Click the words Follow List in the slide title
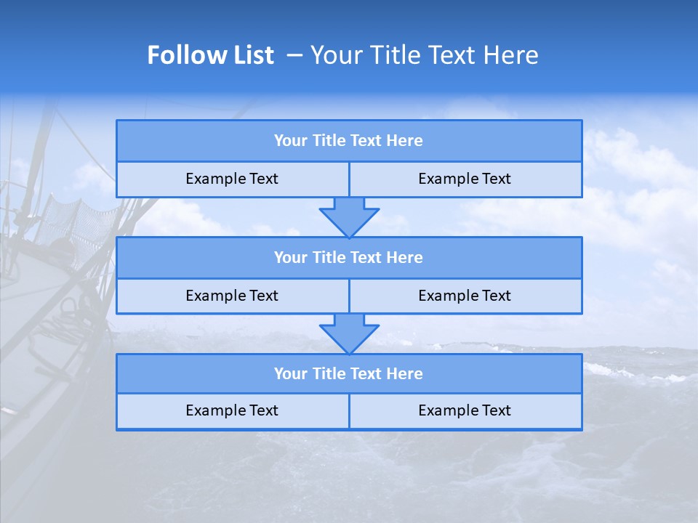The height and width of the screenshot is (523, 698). (x=210, y=55)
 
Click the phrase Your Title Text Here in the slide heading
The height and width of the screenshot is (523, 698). (x=424, y=55)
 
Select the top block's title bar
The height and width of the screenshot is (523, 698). (x=348, y=141)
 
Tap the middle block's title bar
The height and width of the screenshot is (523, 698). (x=348, y=257)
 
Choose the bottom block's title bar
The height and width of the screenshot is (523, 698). (x=348, y=373)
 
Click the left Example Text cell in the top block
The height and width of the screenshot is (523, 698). (x=232, y=179)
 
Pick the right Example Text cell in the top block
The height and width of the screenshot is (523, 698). (x=465, y=179)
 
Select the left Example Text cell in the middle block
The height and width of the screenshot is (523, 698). (x=232, y=296)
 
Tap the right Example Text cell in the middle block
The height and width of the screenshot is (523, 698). (x=465, y=296)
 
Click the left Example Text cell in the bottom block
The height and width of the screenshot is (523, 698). (x=232, y=410)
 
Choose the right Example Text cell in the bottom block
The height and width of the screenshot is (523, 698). (x=465, y=410)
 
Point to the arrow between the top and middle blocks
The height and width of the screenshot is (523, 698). (x=349, y=217)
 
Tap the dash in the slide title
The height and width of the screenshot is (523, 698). (x=295, y=55)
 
